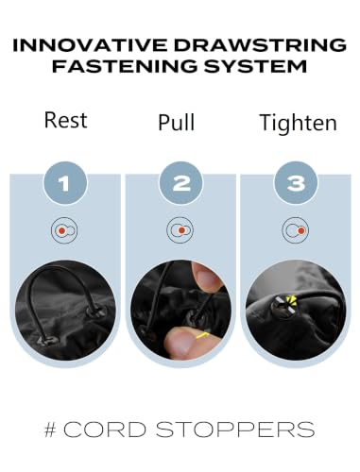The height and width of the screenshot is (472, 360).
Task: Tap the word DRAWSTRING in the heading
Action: tap(261, 45)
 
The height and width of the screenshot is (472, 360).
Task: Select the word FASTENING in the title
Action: tap(125, 66)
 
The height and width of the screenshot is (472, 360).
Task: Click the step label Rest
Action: tap(65, 120)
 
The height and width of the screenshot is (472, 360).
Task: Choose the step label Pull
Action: tap(177, 123)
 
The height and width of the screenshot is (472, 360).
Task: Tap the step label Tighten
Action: tap(298, 123)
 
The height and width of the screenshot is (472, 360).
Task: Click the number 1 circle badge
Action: tap(64, 183)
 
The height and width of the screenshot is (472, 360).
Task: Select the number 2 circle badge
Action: tap(180, 183)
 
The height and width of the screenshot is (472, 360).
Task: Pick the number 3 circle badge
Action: tap(296, 183)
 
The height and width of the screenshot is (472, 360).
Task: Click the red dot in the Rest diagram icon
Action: tap(62, 230)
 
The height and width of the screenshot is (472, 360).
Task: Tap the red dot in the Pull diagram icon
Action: tap(181, 230)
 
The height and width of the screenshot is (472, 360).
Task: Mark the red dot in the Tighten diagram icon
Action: tap(301, 230)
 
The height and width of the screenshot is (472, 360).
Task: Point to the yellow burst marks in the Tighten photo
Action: tap(292, 300)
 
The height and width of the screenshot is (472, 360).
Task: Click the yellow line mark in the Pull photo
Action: tap(203, 335)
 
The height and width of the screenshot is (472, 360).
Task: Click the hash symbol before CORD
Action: tap(50, 430)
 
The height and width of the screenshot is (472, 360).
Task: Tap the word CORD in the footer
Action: tap(105, 430)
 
